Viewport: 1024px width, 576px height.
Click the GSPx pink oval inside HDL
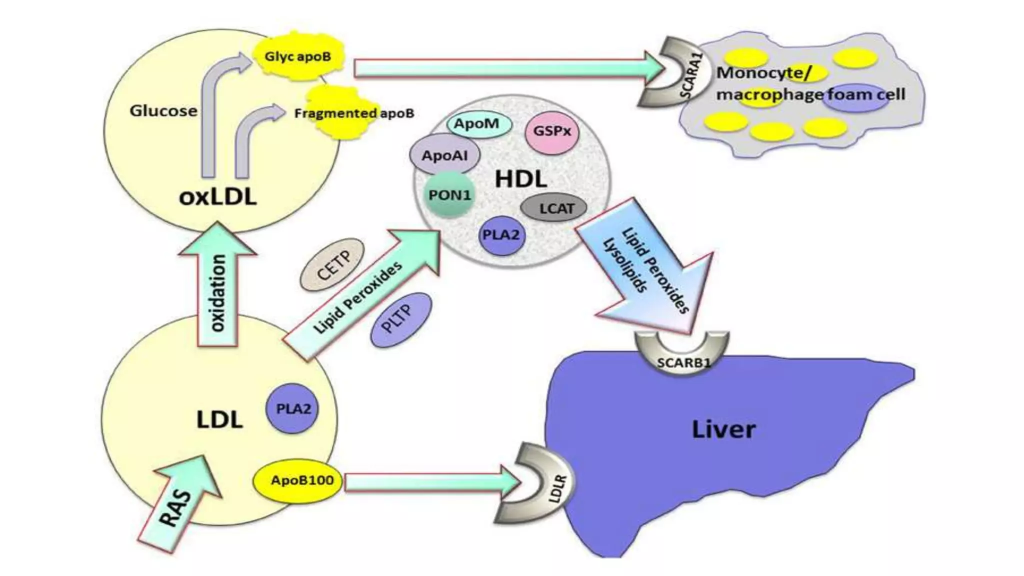tap(552, 131)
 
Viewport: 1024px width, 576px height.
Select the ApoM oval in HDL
tap(478, 123)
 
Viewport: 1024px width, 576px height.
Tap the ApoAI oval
tap(444, 155)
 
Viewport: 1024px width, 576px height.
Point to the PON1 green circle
tap(449, 194)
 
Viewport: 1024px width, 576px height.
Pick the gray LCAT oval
tap(554, 208)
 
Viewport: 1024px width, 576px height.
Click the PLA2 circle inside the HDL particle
tap(501, 235)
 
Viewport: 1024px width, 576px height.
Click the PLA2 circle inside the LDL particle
tap(292, 408)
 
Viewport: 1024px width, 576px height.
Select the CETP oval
tap(332, 265)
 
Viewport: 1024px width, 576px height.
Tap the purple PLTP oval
tap(400, 320)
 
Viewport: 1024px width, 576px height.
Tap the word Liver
tap(723, 429)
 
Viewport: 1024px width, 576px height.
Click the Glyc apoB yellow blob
tap(298, 56)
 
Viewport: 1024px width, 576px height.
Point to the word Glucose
tap(163, 110)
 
